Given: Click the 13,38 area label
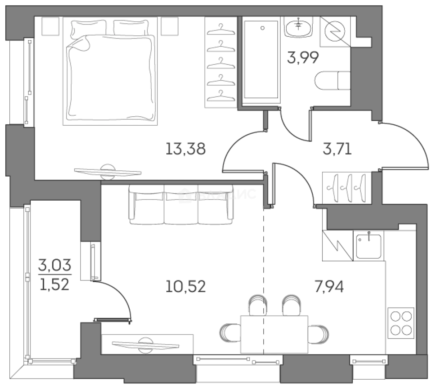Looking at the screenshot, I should click(186, 148).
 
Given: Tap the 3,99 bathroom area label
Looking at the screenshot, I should click(303, 58).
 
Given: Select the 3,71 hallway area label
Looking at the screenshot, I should click(336, 148).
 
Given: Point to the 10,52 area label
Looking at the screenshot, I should click(186, 287).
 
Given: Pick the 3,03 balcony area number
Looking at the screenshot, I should click(55, 268).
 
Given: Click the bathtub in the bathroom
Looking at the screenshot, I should click(262, 59).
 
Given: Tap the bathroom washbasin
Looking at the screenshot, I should click(298, 27).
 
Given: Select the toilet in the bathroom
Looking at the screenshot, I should click(332, 80).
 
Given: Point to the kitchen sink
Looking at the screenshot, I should click(369, 246).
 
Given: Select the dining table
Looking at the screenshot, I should click(274, 334).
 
